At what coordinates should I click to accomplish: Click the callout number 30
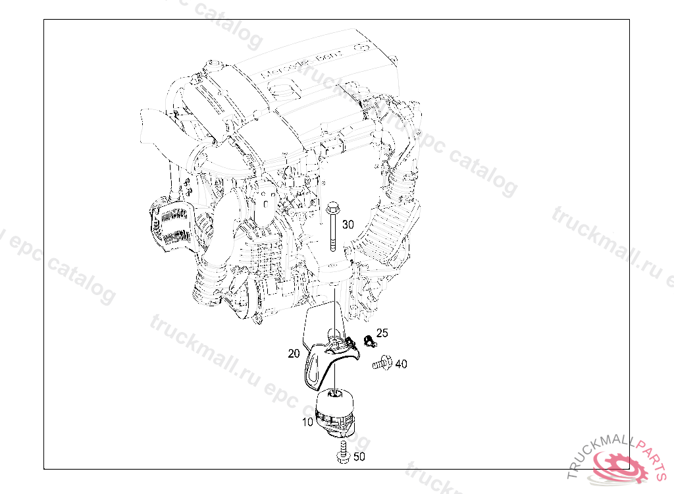click(x=348, y=225)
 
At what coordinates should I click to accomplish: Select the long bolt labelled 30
click(x=333, y=231)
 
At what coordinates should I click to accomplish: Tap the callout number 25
click(x=382, y=333)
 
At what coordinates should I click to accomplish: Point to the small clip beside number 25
click(x=369, y=341)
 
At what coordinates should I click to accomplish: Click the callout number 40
click(x=401, y=364)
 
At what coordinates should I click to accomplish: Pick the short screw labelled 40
click(x=382, y=362)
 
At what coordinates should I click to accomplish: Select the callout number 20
click(x=294, y=354)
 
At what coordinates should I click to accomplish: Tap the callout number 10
click(x=307, y=422)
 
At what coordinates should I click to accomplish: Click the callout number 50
click(x=359, y=456)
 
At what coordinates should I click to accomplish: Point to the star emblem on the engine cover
click(x=361, y=47)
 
